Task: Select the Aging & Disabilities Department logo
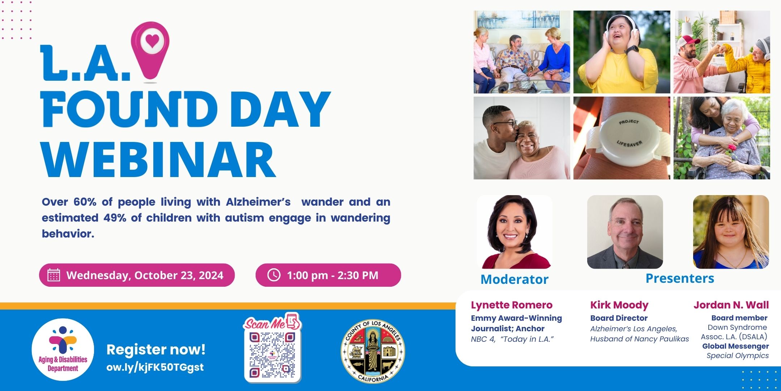(x=63, y=349)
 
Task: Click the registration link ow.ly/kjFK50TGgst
(x=155, y=367)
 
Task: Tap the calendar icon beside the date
(x=54, y=275)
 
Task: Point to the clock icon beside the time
(x=274, y=275)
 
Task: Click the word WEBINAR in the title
(x=159, y=160)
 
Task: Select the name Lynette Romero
(x=512, y=305)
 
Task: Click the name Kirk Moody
(x=619, y=305)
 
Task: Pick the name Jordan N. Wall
(x=731, y=305)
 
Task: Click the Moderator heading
(x=515, y=279)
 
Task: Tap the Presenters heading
(x=680, y=278)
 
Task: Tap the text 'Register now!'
(x=156, y=349)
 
